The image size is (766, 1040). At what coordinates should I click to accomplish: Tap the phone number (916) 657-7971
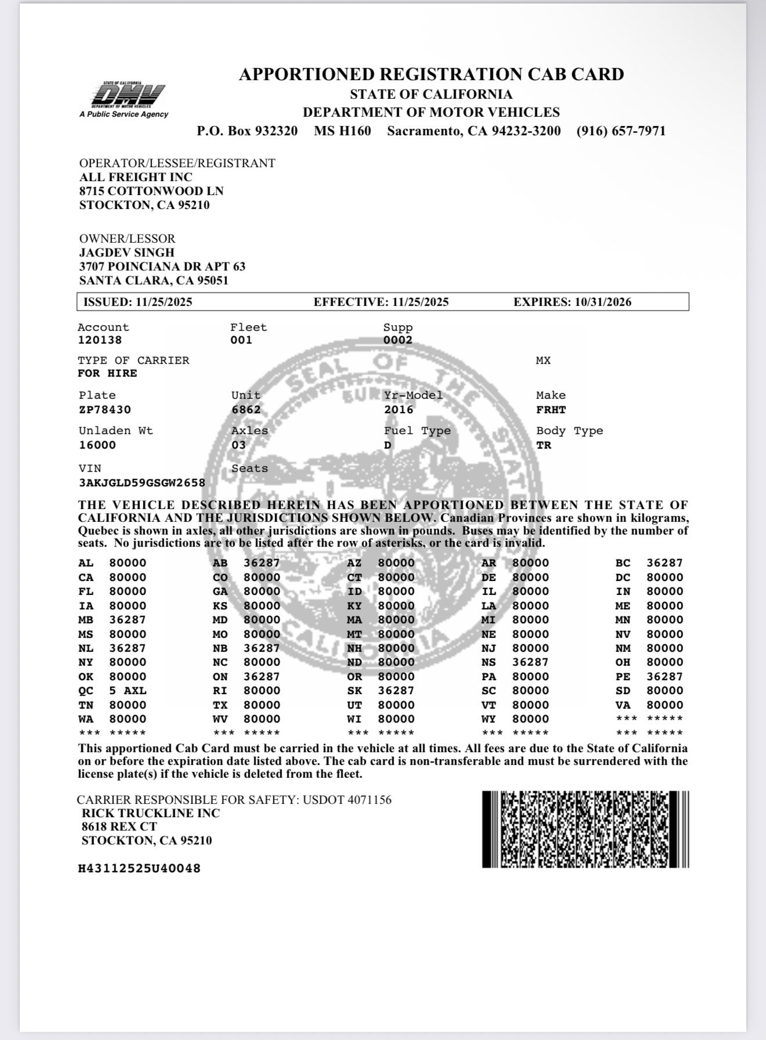[621, 131]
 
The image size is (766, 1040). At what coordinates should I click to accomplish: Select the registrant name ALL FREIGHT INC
[136, 177]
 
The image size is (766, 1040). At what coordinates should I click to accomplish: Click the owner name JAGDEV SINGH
[127, 252]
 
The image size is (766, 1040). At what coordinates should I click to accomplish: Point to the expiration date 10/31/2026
[603, 302]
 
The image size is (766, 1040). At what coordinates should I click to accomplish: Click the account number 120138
[100, 341]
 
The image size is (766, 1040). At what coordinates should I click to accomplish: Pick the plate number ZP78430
[105, 410]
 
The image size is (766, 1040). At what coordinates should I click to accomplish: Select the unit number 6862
[246, 410]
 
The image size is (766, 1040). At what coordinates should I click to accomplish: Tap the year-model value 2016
[399, 410]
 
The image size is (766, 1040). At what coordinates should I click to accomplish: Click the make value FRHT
[551, 410]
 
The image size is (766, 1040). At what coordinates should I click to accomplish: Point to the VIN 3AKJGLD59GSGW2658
[142, 482]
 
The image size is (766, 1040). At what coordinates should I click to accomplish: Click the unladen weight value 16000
[97, 445]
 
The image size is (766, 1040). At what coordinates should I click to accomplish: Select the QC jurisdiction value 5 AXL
[128, 691]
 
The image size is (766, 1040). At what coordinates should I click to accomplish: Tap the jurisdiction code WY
[489, 719]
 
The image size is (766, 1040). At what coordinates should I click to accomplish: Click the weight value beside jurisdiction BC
[665, 563]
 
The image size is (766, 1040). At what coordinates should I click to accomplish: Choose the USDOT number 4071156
[370, 800]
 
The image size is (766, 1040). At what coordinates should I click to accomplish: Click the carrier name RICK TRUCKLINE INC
[151, 813]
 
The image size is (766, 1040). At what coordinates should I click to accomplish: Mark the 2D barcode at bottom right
[585, 829]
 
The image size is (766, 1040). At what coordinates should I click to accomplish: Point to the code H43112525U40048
[139, 869]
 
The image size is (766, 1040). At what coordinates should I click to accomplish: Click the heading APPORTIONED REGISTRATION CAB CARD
[431, 74]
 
